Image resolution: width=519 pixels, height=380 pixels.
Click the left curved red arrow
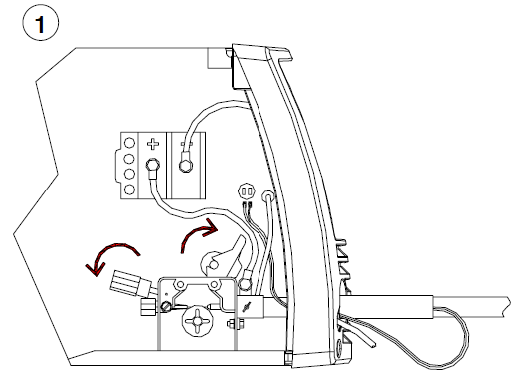pos(111,253)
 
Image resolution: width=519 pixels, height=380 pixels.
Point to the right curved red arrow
pos(197,236)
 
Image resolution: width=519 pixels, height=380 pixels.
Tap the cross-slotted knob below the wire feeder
pos(196,324)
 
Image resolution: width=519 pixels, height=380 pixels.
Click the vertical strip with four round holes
pos(127,166)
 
